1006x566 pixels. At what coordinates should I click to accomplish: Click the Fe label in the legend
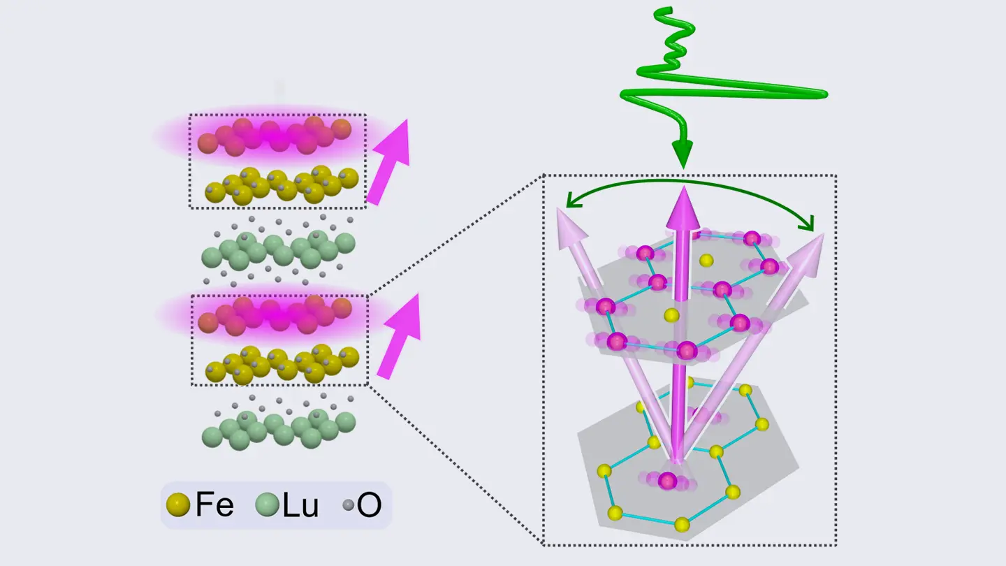214,505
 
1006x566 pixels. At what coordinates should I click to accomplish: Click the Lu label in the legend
300,505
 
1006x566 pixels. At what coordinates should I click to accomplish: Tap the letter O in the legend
369,505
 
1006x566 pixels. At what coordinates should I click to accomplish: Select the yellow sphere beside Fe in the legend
178,505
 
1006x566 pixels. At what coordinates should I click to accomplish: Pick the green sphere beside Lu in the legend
267,505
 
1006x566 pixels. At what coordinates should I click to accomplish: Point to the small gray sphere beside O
349,505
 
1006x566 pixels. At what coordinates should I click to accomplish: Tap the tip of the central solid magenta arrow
683,187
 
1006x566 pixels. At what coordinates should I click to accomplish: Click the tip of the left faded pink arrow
558,208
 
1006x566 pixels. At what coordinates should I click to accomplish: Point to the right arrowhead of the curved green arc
809,224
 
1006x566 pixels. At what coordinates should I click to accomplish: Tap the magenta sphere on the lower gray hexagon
667,481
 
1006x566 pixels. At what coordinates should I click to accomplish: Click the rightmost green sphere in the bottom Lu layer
345,423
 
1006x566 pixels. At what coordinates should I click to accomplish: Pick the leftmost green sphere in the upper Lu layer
212,258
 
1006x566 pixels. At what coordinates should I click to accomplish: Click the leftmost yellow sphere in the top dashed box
215,193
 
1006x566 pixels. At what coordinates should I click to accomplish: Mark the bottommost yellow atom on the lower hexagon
682,525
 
